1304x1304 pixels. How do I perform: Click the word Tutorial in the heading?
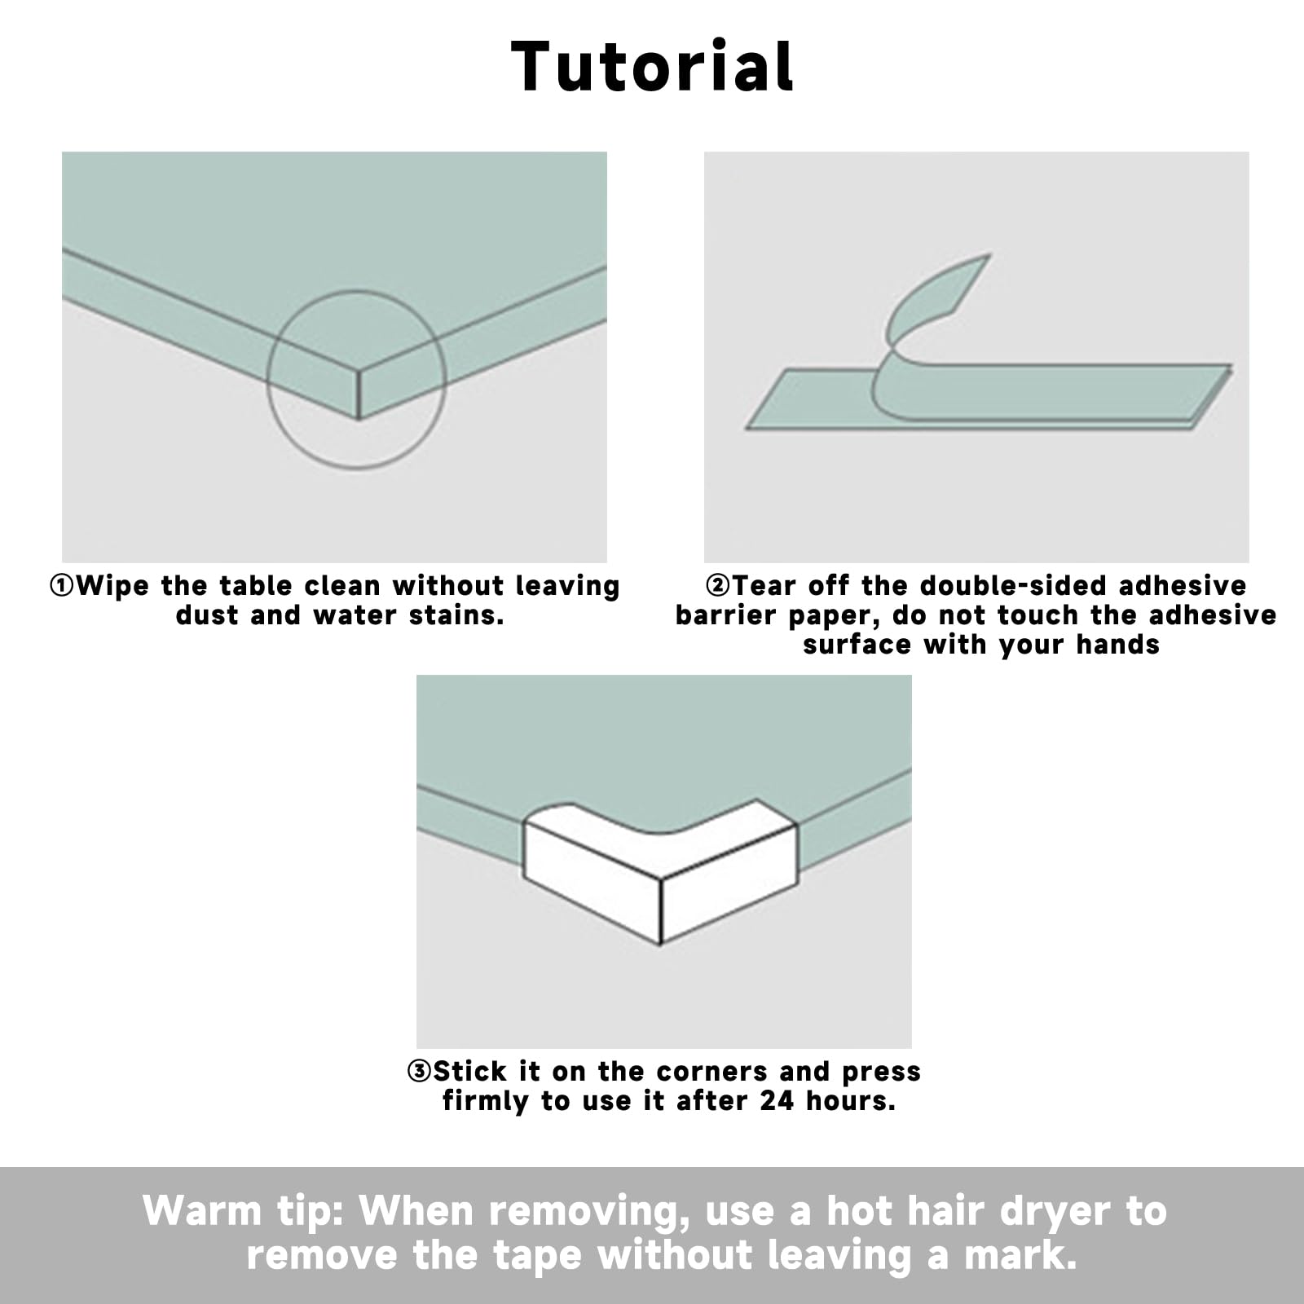[x=652, y=66]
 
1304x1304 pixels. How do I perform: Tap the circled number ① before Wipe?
[x=62, y=586]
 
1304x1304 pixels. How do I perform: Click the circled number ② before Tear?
[x=718, y=586]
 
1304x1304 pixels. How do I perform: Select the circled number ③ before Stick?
[x=419, y=1071]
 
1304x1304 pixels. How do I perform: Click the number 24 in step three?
[x=778, y=1100]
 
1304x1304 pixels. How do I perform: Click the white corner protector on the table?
[x=660, y=871]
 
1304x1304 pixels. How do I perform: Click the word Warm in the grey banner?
[x=201, y=1211]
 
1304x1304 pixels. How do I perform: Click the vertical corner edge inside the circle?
[x=359, y=395]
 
